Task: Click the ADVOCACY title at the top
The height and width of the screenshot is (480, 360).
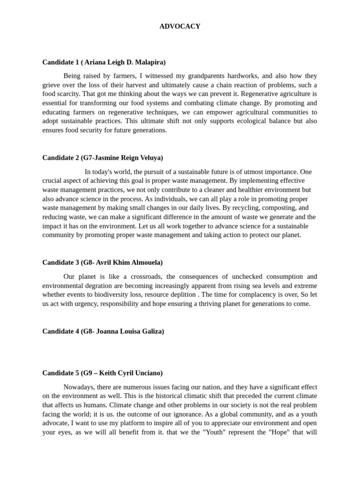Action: pos(180,27)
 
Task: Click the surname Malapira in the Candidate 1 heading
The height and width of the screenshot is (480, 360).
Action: pos(149,62)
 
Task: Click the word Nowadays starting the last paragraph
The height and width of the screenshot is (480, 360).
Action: pos(79,387)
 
